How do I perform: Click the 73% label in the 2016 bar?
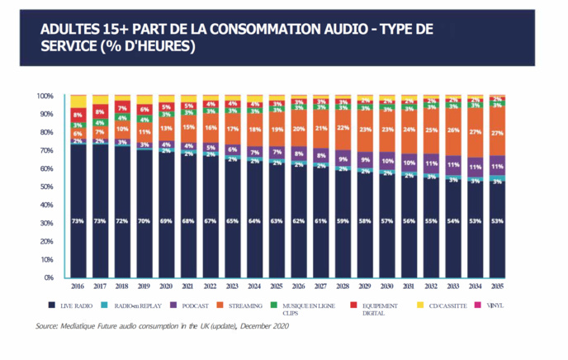click(x=78, y=222)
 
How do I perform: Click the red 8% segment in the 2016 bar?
click(x=78, y=114)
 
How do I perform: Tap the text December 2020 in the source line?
click(x=263, y=327)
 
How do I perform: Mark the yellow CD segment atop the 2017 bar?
click(x=100, y=100)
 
